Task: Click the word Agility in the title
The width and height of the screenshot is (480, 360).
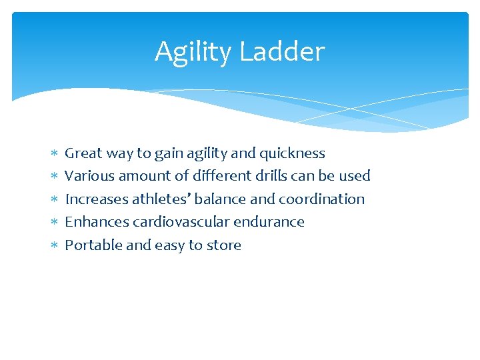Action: [x=193, y=52]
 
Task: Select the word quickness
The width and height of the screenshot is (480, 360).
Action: [x=292, y=153]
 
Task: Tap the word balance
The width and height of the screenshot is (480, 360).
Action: [x=221, y=199]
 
